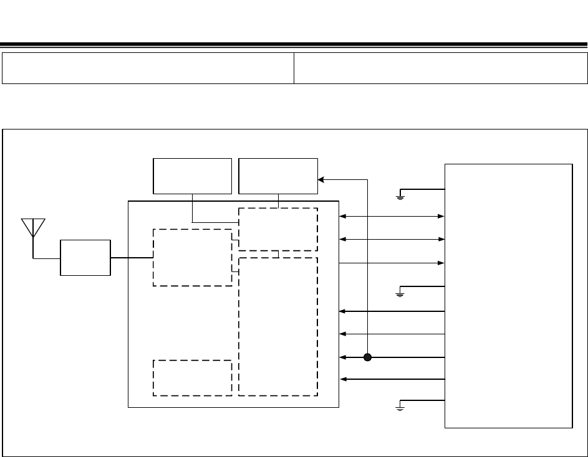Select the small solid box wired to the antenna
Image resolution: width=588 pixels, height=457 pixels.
pos(85,257)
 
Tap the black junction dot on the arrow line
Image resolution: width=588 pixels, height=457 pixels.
pos(368,357)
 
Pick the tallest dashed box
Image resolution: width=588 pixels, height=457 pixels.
pos(278,326)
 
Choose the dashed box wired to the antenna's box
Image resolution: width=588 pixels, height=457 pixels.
pos(193,258)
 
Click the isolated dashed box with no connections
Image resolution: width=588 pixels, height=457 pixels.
pos(193,377)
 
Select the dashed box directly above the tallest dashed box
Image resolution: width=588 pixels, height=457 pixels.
pos(278,229)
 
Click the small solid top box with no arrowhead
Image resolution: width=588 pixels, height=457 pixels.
pos(193,176)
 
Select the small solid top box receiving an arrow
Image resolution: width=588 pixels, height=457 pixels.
pos(278,176)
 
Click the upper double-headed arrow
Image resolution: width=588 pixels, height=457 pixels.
pos(392,217)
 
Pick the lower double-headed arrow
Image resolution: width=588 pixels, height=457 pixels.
pos(392,239)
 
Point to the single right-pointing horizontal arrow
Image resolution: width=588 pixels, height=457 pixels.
pos(392,263)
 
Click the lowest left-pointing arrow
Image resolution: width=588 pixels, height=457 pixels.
pos(392,379)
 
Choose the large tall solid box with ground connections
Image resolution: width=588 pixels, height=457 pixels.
pos(508,296)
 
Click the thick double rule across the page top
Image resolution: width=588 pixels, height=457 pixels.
pos(294,45)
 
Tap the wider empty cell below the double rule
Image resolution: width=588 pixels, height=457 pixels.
pos(441,68)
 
